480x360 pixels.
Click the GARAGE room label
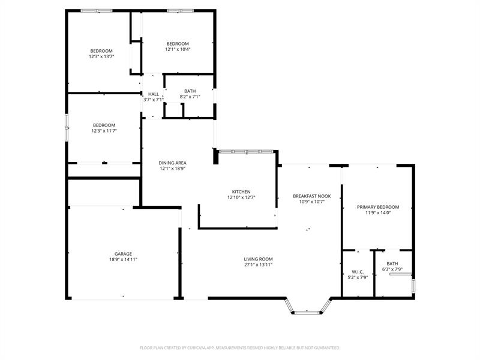124,254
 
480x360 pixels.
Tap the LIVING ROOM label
258,259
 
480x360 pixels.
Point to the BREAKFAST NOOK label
311,196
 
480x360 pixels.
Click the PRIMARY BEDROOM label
378,207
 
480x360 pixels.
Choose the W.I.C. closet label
358,272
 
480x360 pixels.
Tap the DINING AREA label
172,163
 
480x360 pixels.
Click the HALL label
154,94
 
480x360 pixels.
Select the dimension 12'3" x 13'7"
101,56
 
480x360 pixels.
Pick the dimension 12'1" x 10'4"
178,49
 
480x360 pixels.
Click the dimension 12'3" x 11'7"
103,131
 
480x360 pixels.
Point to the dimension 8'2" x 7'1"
190,97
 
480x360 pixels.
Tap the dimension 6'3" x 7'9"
392,269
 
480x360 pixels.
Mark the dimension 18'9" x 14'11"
124,260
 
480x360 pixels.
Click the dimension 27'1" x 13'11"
258,265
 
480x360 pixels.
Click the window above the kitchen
246,151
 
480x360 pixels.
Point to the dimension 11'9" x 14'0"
378,212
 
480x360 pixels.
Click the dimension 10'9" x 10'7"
311,202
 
